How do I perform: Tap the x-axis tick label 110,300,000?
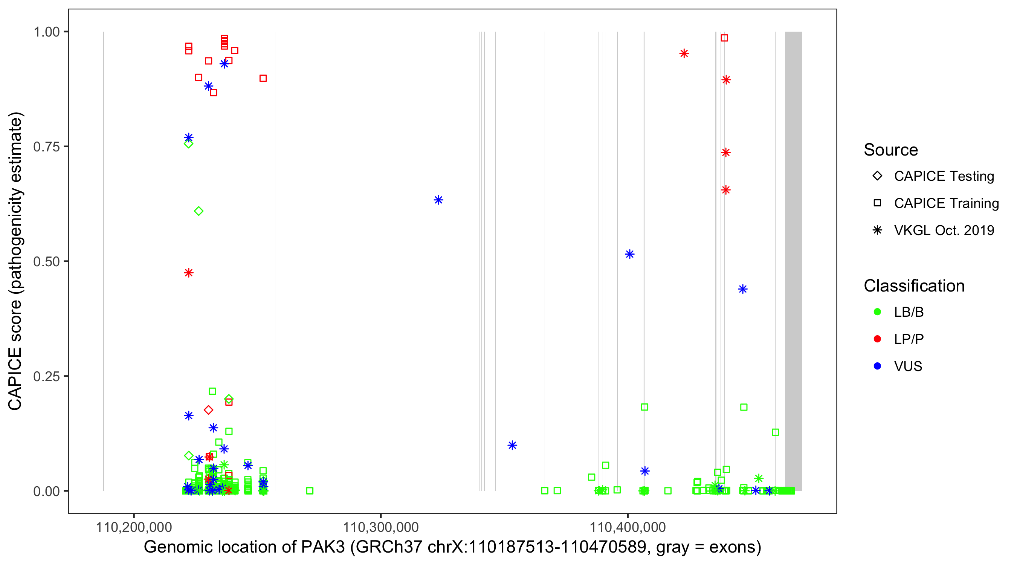point(380,527)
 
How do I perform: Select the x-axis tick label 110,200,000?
point(134,527)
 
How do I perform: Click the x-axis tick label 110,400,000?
point(628,527)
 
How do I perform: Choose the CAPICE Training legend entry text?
point(946,203)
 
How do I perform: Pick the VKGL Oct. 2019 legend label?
point(944,231)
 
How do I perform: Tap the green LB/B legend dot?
point(877,312)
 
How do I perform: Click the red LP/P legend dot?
point(877,339)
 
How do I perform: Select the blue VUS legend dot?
point(877,366)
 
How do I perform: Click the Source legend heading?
point(891,150)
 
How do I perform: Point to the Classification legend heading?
point(914,286)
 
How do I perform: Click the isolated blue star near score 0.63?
point(438,200)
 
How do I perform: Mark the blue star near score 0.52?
point(630,254)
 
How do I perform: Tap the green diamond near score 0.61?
point(199,211)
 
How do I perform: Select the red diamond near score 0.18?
point(208,410)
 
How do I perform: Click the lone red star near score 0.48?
point(189,273)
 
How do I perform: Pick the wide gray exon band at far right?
point(793,261)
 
